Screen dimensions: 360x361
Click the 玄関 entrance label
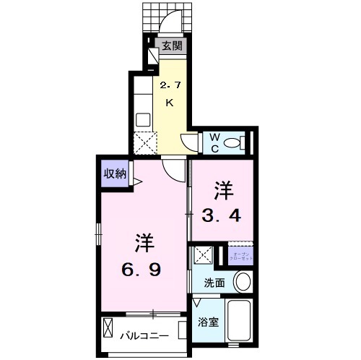pyautogui.click(x=172, y=46)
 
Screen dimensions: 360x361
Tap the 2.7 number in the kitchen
pyautogui.click(x=170, y=85)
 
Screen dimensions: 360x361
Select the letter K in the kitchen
pyautogui.click(x=170, y=103)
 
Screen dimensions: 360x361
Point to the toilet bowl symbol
pyautogui.click(x=233, y=143)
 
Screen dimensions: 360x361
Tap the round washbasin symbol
pyautogui.click(x=244, y=282)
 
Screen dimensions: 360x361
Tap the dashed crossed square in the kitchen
pyautogui.click(x=145, y=143)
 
